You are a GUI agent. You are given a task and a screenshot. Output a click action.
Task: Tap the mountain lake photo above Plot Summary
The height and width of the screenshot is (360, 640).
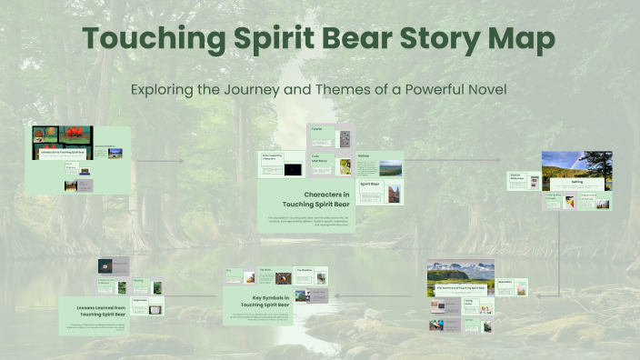click(x=460, y=273)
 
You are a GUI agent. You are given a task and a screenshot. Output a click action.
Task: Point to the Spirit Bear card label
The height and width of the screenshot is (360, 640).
click(x=369, y=184)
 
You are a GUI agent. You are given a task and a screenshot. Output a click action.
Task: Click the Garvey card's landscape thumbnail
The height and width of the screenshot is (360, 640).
click(x=389, y=167)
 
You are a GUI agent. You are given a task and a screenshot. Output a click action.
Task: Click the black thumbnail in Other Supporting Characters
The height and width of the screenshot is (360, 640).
click(x=293, y=169)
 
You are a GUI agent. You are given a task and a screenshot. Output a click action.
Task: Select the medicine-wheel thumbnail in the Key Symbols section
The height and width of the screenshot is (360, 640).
click(x=282, y=278)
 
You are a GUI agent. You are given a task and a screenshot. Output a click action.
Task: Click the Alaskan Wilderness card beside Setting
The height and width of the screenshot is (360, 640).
click(x=518, y=180)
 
